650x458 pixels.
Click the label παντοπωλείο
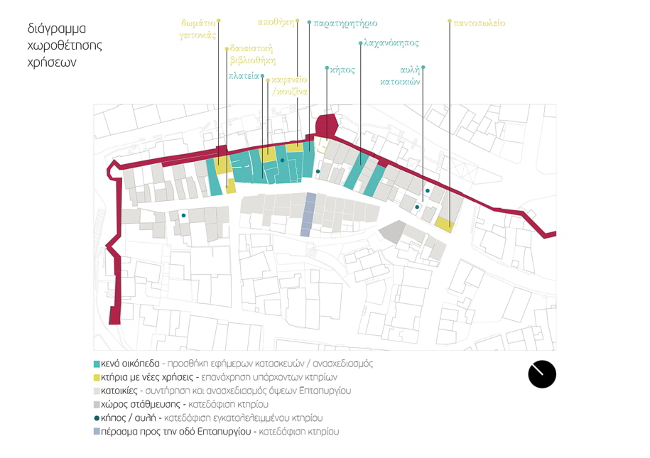(x=480, y=23)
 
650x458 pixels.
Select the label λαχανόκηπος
(x=391, y=43)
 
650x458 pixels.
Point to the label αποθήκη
(x=276, y=22)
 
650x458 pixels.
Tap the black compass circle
(x=542, y=374)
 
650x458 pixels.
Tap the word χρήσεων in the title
(x=52, y=62)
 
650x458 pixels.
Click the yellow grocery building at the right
(x=444, y=224)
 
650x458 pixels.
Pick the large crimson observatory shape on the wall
(x=326, y=126)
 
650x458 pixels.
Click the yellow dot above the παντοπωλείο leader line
(x=450, y=21)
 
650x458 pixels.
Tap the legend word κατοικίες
(x=119, y=391)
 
